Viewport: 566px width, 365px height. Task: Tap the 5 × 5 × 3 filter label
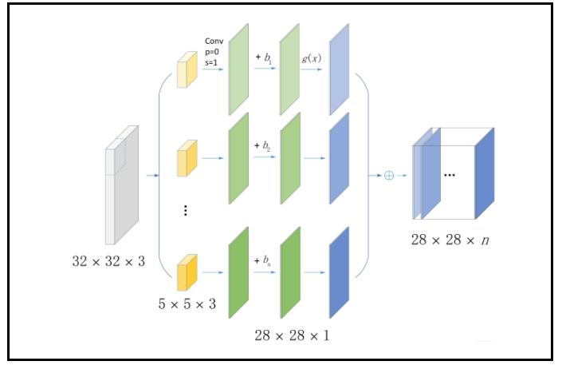pyautogui.click(x=187, y=304)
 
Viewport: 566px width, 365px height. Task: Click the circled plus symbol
pyautogui.click(x=389, y=174)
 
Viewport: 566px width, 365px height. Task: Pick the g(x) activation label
pyautogui.click(x=311, y=59)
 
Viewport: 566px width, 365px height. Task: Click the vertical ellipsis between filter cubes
pyautogui.click(x=185, y=211)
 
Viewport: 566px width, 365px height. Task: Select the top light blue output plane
pyautogui.click(x=339, y=69)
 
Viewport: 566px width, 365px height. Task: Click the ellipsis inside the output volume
pyautogui.click(x=449, y=174)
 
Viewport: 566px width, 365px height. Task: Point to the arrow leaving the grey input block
pyautogui.click(x=152, y=174)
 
